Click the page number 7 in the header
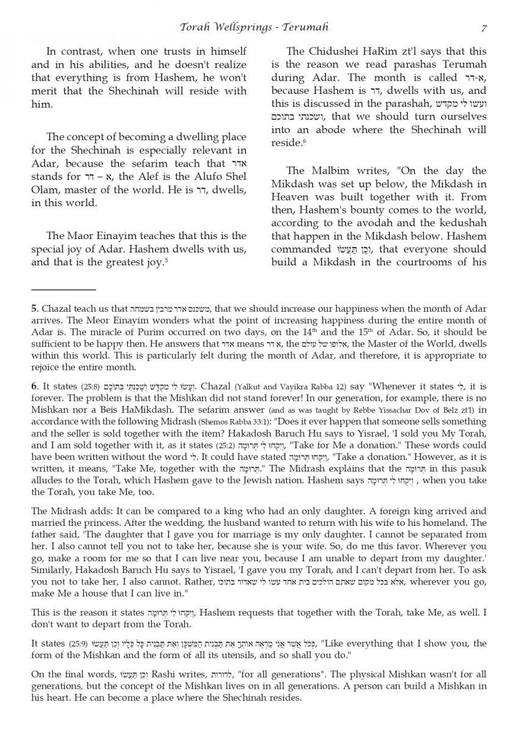[x=483, y=27]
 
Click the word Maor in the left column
[x=79, y=236]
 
